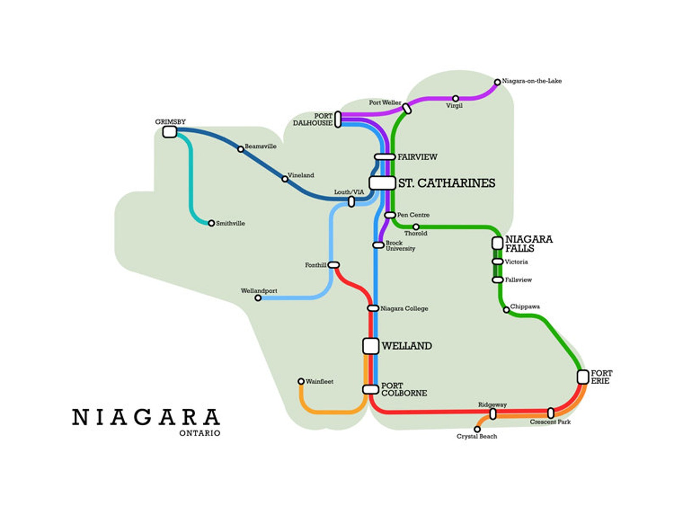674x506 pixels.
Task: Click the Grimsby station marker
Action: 170,132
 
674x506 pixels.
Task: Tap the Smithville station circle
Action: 211,223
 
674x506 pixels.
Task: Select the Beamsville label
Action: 260,146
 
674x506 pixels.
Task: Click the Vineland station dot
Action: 285,179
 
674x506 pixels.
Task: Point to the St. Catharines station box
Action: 382,183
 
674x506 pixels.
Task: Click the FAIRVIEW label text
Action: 417,157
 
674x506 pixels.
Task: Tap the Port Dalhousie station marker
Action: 338,119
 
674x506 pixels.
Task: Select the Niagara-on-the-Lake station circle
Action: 497,82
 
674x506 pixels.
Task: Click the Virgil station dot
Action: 455,98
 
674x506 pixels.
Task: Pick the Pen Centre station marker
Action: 390,215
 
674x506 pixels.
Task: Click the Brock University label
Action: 400,246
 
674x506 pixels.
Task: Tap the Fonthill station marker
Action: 334,265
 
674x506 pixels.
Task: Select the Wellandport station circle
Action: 258,298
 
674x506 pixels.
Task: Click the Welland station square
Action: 371,346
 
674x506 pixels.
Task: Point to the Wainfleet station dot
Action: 301,381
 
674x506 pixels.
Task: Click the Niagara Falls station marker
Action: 497,243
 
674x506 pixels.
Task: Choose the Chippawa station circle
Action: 506,310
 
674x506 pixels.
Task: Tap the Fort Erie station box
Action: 583,377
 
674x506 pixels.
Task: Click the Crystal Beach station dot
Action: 477,429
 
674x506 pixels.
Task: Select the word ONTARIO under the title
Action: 200,433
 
